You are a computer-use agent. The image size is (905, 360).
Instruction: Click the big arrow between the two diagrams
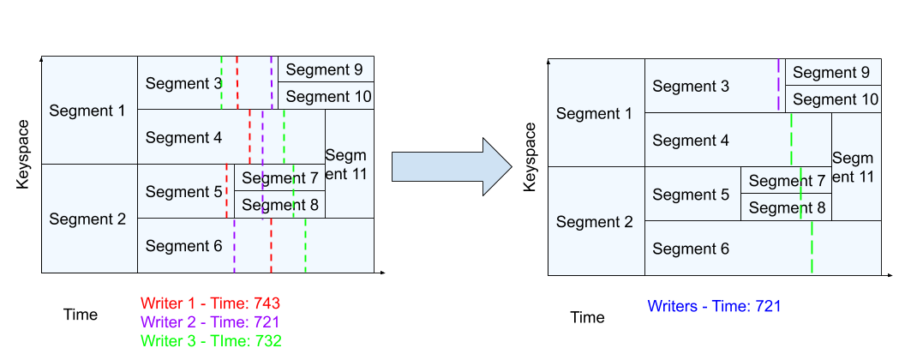pos(450,167)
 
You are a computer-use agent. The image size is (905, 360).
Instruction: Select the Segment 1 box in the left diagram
pos(89,111)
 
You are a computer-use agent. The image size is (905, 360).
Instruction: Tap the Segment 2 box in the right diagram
pos(596,222)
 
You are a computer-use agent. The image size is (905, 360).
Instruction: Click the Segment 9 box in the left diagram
pos(325,70)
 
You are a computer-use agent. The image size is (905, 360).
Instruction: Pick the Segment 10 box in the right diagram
pos(834,99)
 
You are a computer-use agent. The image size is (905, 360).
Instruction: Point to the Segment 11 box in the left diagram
pos(349,164)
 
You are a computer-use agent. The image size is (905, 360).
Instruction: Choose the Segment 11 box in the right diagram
pos(855,167)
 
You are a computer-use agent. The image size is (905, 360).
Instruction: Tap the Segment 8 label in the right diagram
pos(787,207)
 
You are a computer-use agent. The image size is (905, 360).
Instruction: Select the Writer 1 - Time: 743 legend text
pos(211,303)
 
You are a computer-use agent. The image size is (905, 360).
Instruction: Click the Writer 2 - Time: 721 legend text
pos(211,322)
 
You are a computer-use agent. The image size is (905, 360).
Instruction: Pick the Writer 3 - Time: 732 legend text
pos(211,340)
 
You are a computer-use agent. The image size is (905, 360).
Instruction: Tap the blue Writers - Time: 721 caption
pos(714,306)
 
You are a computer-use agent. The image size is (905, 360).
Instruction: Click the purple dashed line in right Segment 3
pos(779,86)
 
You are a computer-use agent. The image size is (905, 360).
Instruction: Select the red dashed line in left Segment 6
pos(271,246)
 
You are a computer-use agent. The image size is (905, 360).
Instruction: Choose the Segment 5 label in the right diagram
pos(691,195)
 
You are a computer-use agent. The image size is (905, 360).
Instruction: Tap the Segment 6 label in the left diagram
pos(183,246)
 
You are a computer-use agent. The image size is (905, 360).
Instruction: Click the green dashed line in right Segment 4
pos(791,140)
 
